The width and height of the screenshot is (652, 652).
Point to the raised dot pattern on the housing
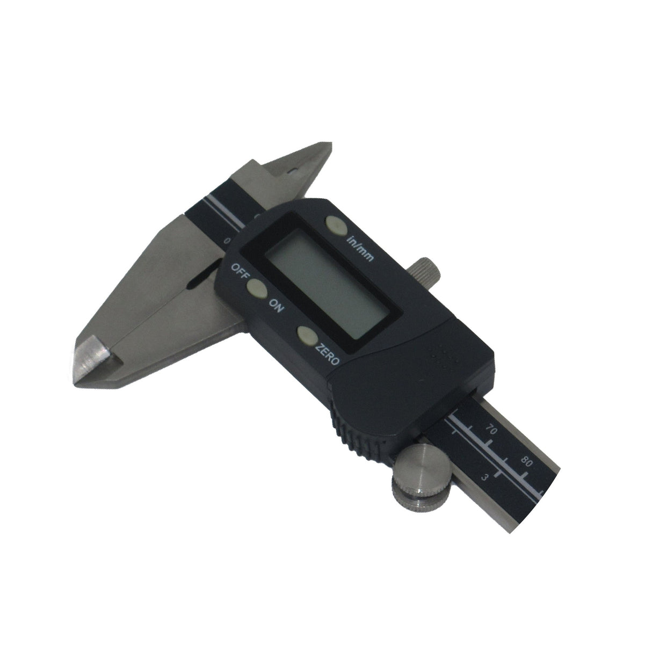443,356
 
